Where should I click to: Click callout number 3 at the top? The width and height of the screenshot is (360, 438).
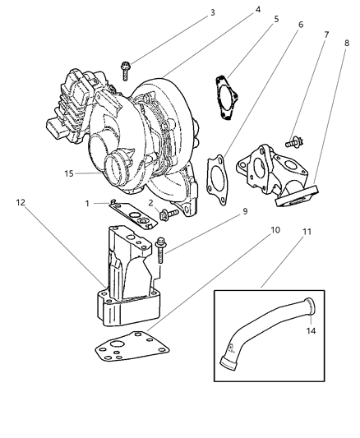tap(190, 13)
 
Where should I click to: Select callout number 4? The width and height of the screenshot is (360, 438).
tap(236, 11)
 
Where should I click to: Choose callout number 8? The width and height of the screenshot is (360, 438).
tap(347, 40)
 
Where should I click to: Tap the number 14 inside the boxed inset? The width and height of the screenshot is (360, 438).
tap(312, 331)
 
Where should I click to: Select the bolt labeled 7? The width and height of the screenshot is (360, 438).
tap(292, 142)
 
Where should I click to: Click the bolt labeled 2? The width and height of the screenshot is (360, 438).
tap(167, 215)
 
